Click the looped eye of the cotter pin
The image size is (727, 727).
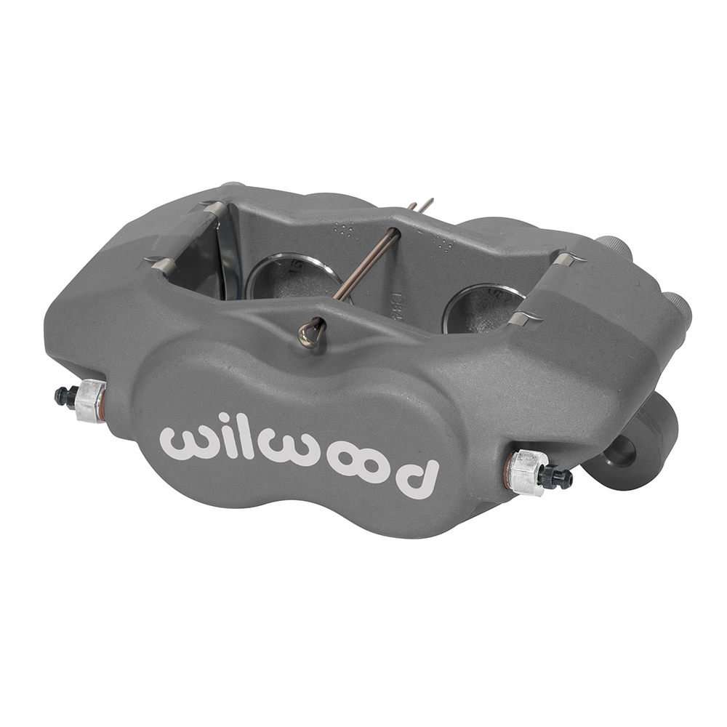tap(310, 334)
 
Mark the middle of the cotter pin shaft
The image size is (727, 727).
tap(367, 266)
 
